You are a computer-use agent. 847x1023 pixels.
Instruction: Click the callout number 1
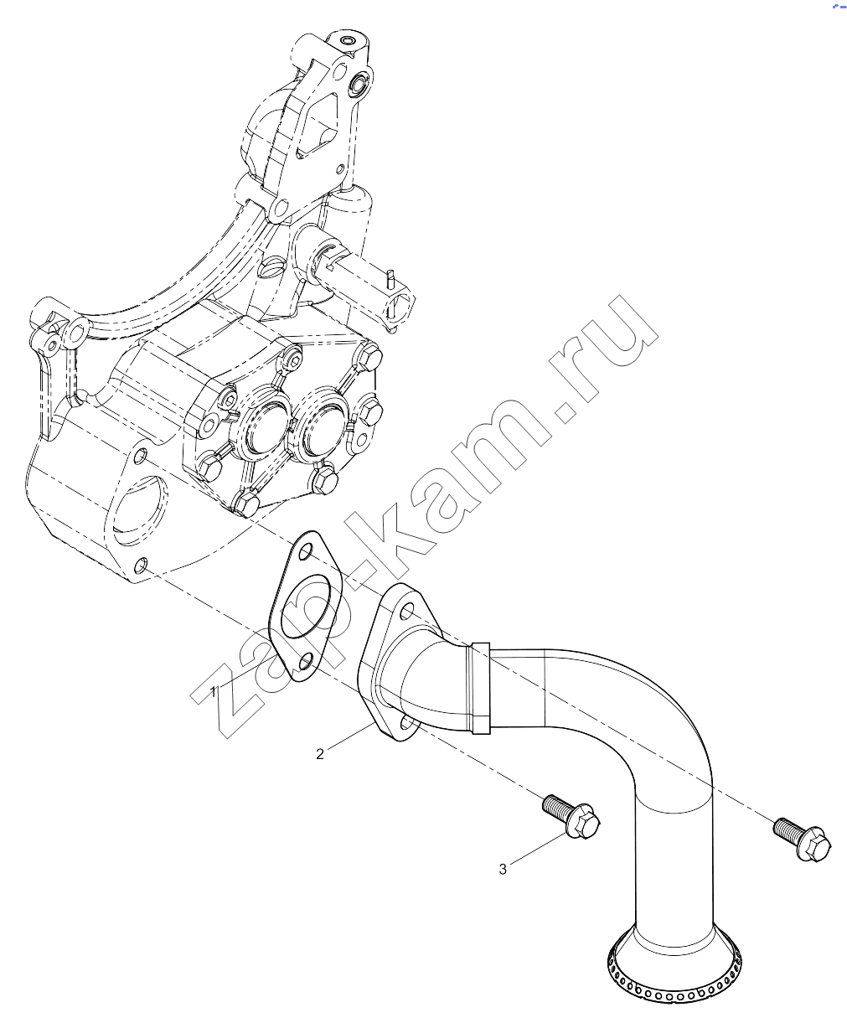point(214,691)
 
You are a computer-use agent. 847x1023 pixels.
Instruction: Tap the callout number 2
point(320,754)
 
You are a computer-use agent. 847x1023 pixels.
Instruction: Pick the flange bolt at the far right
point(802,840)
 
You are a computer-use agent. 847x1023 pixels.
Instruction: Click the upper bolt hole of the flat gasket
point(304,553)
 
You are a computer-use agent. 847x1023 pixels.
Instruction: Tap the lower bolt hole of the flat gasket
point(306,663)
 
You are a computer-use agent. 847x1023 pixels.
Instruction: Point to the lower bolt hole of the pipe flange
point(406,723)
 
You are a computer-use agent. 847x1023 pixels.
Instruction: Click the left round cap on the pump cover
point(265,429)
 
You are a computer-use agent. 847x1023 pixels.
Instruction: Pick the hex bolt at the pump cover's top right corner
point(370,358)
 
